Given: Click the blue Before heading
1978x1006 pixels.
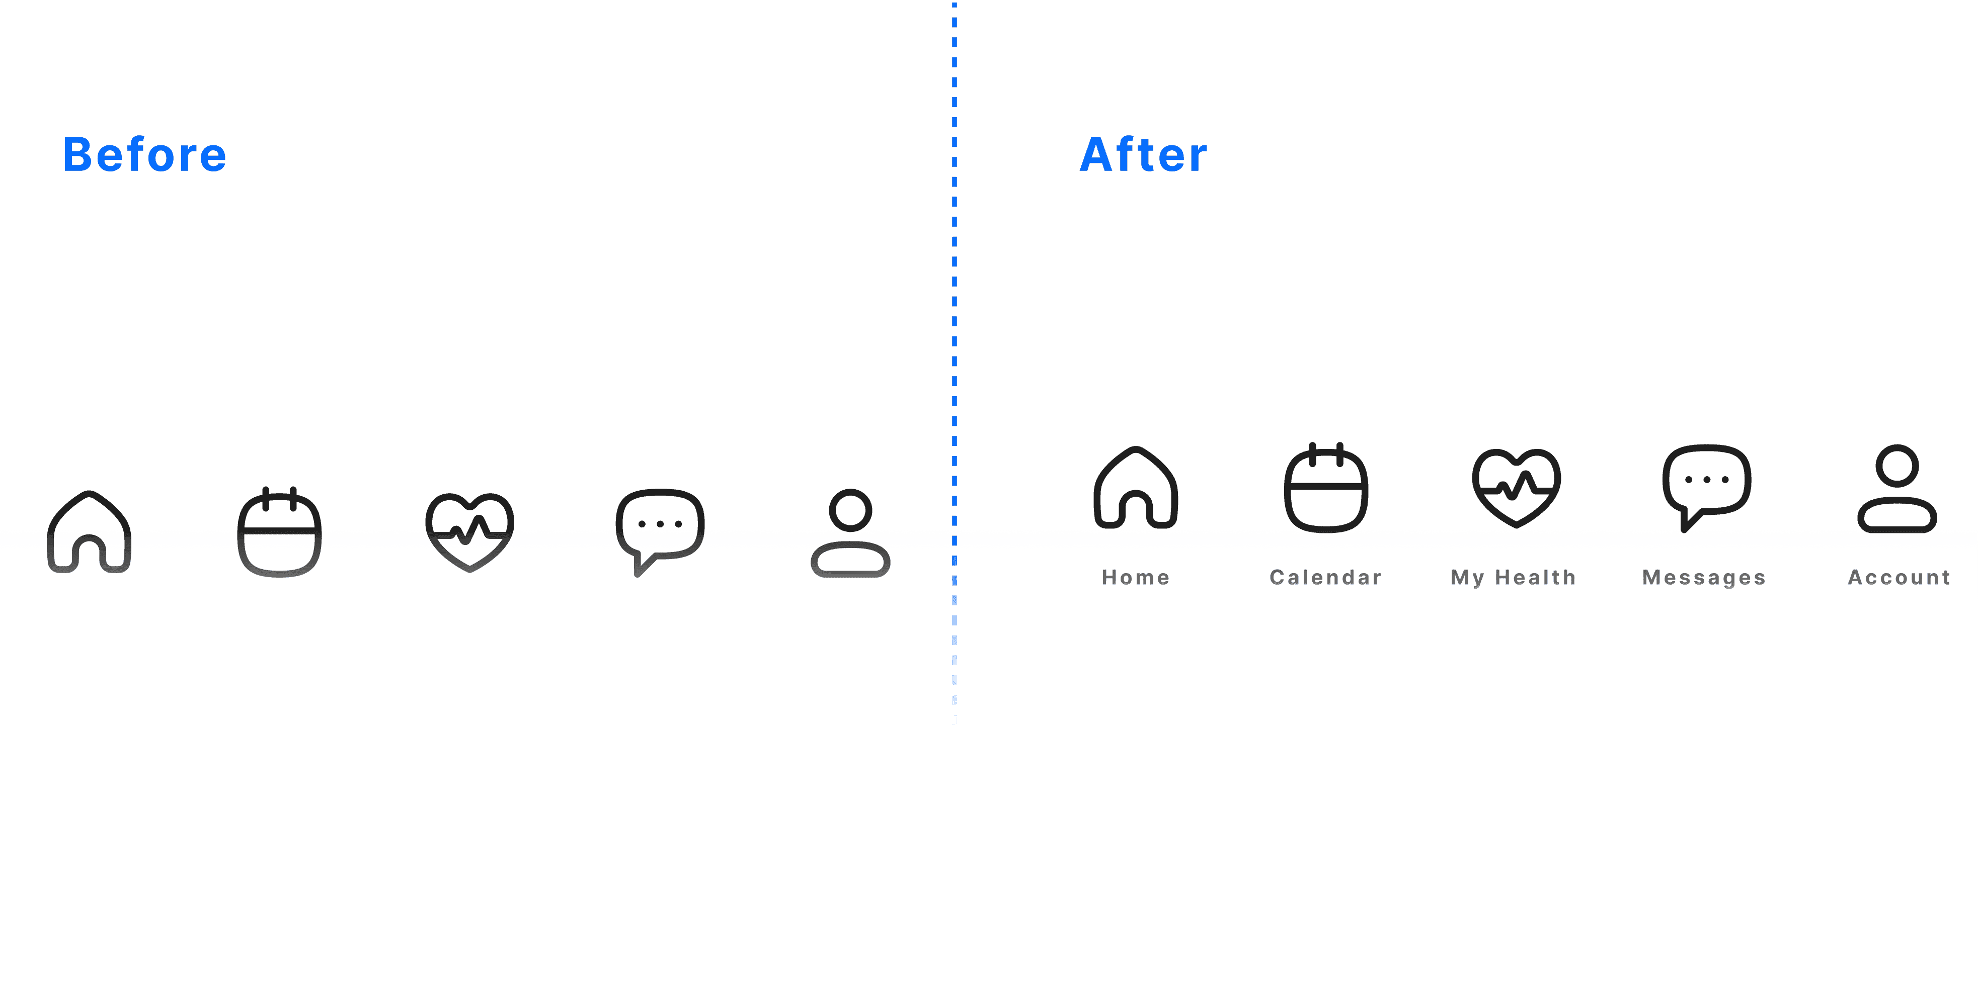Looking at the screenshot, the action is click(x=144, y=154).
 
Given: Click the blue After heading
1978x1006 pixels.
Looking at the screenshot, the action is click(x=1143, y=154).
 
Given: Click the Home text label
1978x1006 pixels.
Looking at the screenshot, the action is click(x=1136, y=577).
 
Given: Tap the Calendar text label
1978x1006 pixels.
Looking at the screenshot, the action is click(x=1326, y=577).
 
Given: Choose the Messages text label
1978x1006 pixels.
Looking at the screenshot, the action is click(x=1704, y=577).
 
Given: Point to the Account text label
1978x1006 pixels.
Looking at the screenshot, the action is click(x=1899, y=577).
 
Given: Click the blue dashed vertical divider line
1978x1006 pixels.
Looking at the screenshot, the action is click(x=955, y=360).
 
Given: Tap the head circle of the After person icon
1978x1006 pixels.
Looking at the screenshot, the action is click(x=1897, y=446).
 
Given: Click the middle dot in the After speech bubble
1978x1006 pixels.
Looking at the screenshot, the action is click(x=1707, y=480).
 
